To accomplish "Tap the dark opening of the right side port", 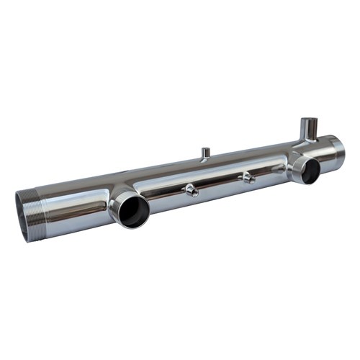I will [310, 171].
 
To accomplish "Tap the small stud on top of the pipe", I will [205, 153].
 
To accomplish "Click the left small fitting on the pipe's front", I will [191, 190].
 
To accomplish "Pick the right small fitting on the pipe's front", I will [248, 177].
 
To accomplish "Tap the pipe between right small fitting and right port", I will [272, 171].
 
